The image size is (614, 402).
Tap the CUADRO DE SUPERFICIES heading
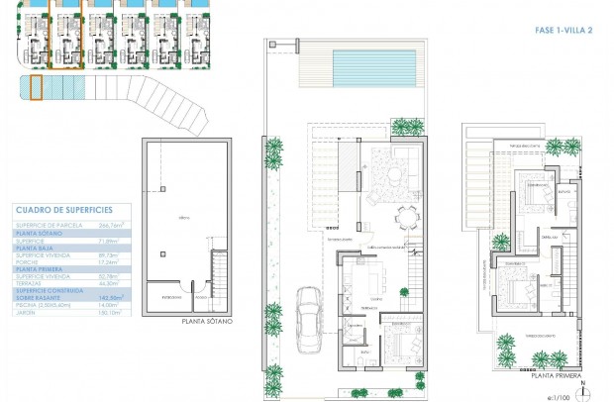click(x=64, y=210)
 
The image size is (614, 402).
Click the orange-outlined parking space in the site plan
click(x=36, y=88)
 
